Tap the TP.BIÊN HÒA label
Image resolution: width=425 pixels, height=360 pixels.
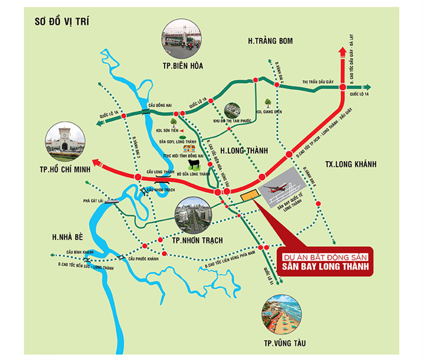183,66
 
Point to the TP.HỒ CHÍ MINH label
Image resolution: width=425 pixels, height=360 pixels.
63,169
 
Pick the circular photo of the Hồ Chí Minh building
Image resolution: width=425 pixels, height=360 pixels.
65,141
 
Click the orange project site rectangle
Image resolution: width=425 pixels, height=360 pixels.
248,196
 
